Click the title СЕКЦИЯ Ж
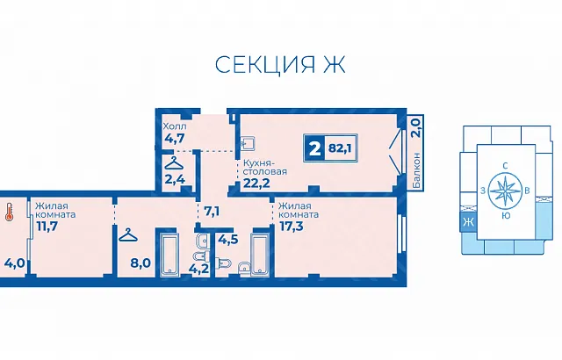(280, 64)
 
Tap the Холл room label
(175, 126)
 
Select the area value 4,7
(175, 138)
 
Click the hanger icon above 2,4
(175, 163)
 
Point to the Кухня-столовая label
(265, 167)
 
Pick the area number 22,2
(256, 184)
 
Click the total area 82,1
(339, 148)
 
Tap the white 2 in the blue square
(314, 148)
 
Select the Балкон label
(416, 170)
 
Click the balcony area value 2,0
(415, 128)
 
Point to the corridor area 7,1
(212, 212)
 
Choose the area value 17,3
(291, 226)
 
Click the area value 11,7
(47, 226)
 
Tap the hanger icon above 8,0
(129, 234)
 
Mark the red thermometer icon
(9, 212)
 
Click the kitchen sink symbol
(248, 143)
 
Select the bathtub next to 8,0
(167, 254)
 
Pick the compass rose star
(505, 191)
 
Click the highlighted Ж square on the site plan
(468, 222)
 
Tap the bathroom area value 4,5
(228, 240)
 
